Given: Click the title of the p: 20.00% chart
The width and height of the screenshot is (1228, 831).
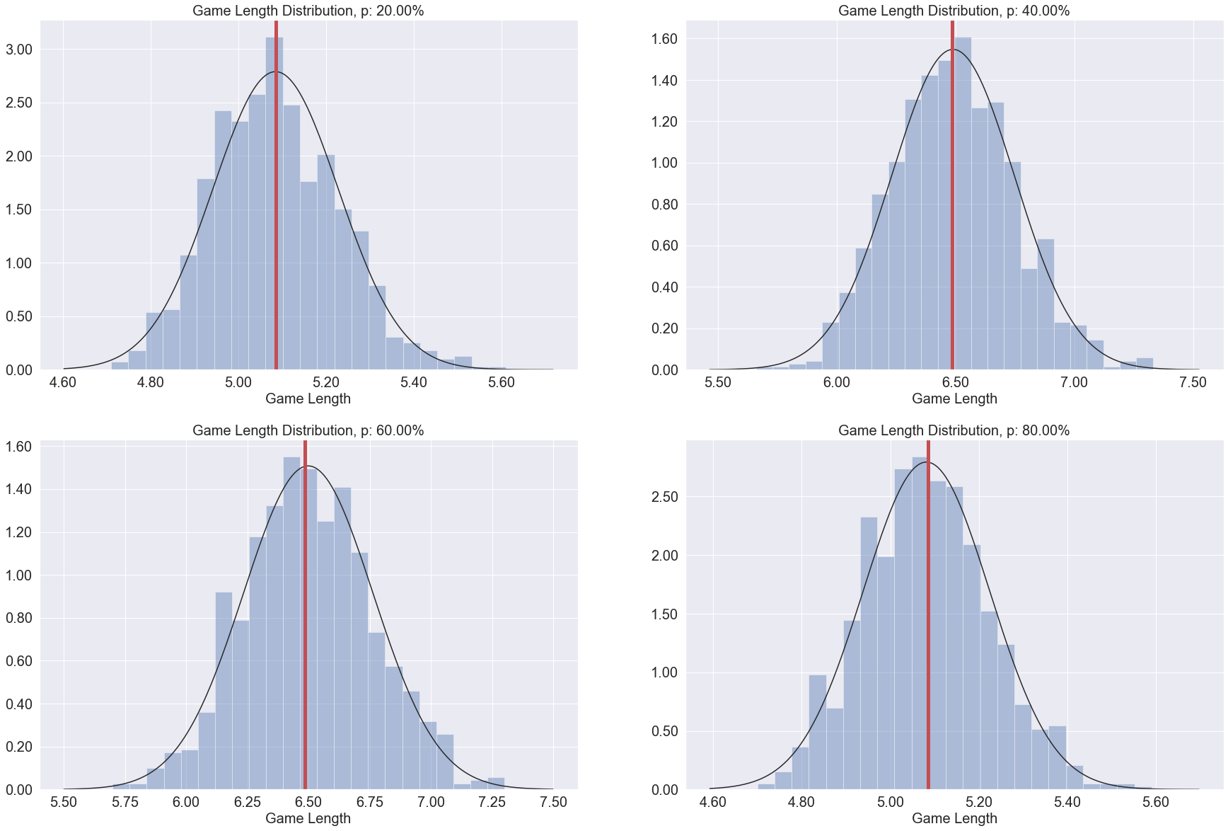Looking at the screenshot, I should pyautogui.click(x=308, y=11).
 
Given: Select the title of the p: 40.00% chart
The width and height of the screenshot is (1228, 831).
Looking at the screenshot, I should pyautogui.click(x=954, y=11).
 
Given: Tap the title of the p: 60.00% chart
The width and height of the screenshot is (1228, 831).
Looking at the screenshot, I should pyautogui.click(x=308, y=430).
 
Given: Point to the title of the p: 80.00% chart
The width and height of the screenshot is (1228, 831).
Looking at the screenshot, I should pyautogui.click(x=954, y=430).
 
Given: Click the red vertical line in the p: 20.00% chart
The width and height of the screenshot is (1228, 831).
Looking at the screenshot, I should pyautogui.click(x=275, y=212).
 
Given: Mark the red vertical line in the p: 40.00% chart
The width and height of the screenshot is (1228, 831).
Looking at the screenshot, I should pyautogui.click(x=952, y=212).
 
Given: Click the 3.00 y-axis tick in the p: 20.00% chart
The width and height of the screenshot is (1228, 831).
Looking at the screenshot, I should pyautogui.click(x=19, y=50).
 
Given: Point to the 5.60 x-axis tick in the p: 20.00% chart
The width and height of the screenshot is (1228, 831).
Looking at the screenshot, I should pyautogui.click(x=502, y=383).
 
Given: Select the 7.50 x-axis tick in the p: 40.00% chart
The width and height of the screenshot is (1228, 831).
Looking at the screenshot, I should pyautogui.click(x=1193, y=383).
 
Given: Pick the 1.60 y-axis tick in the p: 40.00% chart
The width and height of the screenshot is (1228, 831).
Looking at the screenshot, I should pyautogui.click(x=664, y=39).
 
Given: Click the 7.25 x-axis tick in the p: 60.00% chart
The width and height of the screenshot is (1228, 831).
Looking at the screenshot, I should pyautogui.click(x=492, y=802).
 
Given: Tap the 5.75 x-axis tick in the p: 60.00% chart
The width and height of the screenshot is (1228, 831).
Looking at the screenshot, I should pyautogui.click(x=125, y=802).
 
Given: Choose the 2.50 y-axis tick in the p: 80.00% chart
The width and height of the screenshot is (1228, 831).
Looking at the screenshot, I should pyautogui.click(x=664, y=497).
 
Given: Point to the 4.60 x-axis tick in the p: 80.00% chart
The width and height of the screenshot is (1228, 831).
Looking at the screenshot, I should pyautogui.click(x=712, y=802).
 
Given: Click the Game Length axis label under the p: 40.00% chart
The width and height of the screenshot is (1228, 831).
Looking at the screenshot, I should pyautogui.click(x=954, y=399).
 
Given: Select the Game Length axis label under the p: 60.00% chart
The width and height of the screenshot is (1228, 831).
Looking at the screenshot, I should pyautogui.click(x=308, y=818).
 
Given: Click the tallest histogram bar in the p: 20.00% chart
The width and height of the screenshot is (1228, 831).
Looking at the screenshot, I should pyautogui.click(x=274, y=205).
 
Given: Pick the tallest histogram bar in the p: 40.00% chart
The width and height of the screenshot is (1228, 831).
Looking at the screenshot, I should pyautogui.click(x=963, y=205).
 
